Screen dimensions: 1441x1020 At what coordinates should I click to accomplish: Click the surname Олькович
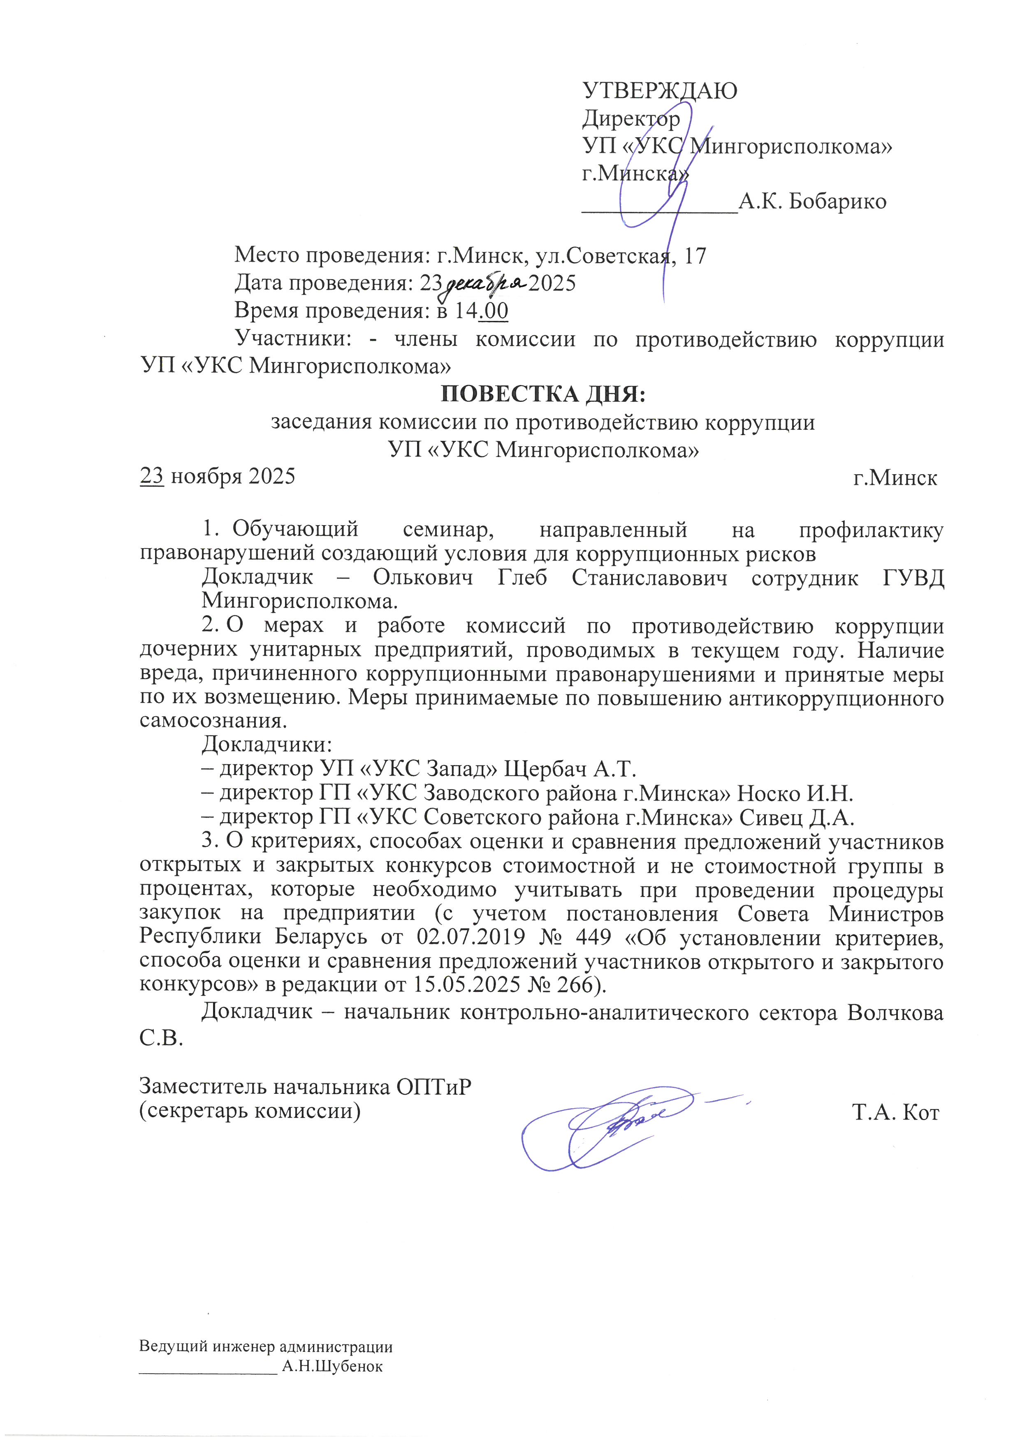click(423, 577)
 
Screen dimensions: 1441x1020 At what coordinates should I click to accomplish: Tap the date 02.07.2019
click(471, 937)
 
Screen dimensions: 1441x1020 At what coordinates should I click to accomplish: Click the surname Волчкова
click(895, 1013)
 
